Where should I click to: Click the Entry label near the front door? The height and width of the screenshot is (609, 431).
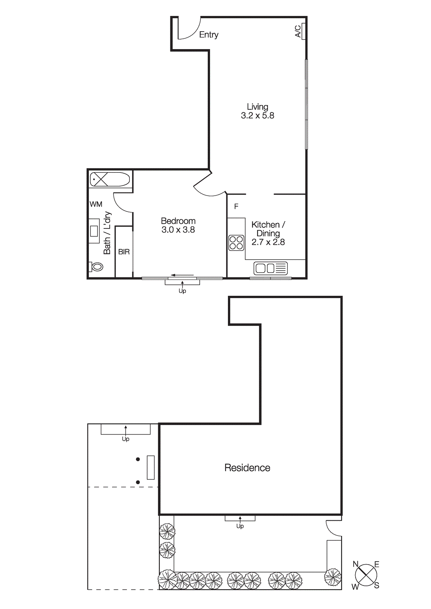pyautogui.click(x=208, y=35)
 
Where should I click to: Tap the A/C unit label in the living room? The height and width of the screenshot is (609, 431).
pyautogui.click(x=298, y=31)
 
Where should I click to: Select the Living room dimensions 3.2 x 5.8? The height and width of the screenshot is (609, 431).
pyautogui.click(x=257, y=116)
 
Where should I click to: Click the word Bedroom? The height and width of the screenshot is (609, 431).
pyautogui.click(x=178, y=221)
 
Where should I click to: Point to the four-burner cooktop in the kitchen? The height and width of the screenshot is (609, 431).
pyautogui.click(x=236, y=242)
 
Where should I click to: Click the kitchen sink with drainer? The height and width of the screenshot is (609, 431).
pyautogui.click(x=270, y=268)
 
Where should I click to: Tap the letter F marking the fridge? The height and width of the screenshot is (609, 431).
pyautogui.click(x=236, y=206)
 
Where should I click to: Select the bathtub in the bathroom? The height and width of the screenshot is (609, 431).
pyautogui.click(x=110, y=179)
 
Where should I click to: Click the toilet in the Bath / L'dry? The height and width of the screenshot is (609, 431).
pyautogui.click(x=96, y=267)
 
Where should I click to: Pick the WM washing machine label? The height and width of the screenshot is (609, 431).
pyautogui.click(x=96, y=204)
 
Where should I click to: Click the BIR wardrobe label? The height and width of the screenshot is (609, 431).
pyautogui.click(x=124, y=252)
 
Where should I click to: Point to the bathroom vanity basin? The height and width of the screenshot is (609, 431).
pyautogui.click(x=94, y=231)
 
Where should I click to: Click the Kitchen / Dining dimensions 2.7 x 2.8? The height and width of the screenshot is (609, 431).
pyautogui.click(x=268, y=242)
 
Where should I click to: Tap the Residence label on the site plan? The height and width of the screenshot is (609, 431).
pyautogui.click(x=247, y=467)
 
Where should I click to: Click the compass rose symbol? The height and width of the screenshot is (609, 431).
pyautogui.click(x=366, y=575)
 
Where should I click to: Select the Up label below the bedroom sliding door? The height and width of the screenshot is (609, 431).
pyautogui.click(x=182, y=291)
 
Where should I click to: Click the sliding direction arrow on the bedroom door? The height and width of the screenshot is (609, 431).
pyautogui.click(x=182, y=275)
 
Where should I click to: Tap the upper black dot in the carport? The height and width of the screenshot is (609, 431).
pyautogui.click(x=138, y=459)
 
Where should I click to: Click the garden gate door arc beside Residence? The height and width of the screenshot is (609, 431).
pyautogui.click(x=332, y=528)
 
